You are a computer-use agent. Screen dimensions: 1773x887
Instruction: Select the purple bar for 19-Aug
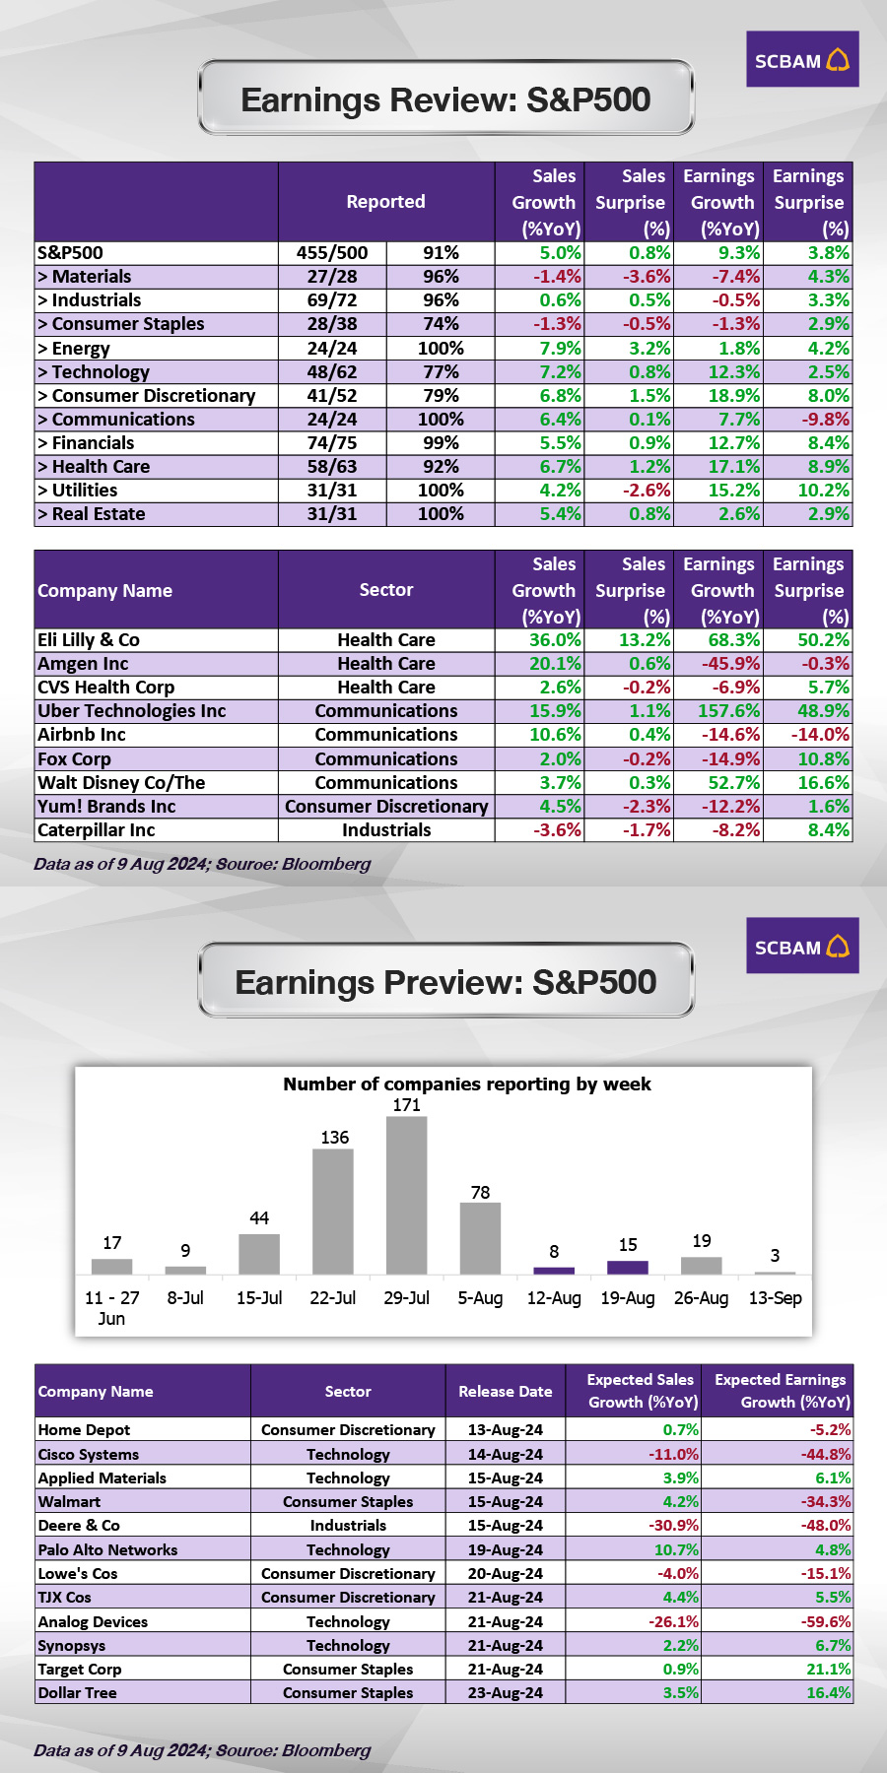click(x=628, y=1267)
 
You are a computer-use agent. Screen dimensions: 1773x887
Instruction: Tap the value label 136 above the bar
click(x=334, y=1138)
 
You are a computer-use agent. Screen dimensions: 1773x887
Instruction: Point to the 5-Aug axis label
click(x=480, y=1298)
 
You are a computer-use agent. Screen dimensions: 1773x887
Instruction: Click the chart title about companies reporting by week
click(x=466, y=1084)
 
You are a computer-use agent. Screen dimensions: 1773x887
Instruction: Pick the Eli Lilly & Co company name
click(x=89, y=640)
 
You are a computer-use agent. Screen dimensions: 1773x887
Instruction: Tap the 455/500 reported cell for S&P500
click(x=332, y=253)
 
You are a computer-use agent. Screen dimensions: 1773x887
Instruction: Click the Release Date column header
click(x=505, y=1392)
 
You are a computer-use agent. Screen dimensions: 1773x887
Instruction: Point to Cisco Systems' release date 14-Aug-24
click(x=505, y=1455)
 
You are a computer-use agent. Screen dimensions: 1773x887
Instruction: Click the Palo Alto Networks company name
click(x=107, y=1550)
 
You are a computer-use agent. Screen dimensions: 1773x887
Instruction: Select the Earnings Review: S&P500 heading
click(x=445, y=99)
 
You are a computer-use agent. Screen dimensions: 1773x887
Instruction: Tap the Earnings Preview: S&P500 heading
click(x=445, y=982)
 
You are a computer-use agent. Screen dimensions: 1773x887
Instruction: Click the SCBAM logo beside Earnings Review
click(x=801, y=60)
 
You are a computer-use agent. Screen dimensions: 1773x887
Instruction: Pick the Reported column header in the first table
click(x=385, y=202)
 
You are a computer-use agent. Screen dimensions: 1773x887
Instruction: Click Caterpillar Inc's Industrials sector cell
click(x=386, y=830)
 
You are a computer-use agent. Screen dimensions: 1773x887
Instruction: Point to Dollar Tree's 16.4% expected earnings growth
click(x=828, y=1693)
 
